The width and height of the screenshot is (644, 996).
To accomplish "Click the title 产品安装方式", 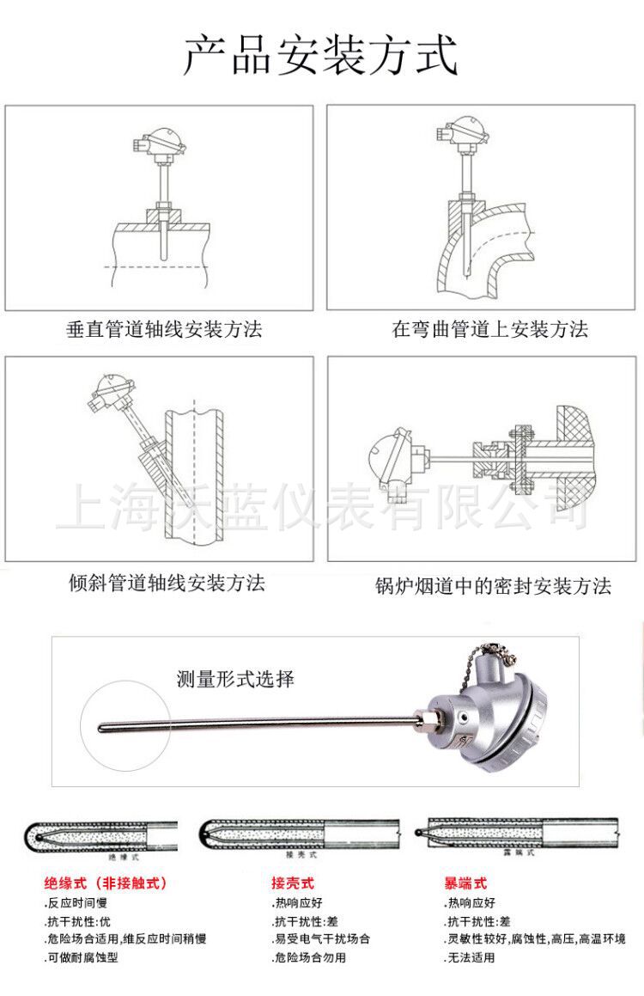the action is click(x=321, y=53).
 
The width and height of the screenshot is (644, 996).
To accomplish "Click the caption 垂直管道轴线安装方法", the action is click(x=164, y=328).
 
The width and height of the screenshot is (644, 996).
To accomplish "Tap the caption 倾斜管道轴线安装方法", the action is click(x=167, y=584).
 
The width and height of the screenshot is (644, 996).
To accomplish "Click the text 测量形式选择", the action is click(x=235, y=679).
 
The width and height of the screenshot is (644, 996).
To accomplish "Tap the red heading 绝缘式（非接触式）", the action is click(x=106, y=883).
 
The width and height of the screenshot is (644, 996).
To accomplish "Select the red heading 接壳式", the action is click(x=293, y=883).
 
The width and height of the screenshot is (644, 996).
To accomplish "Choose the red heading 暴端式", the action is click(x=465, y=883).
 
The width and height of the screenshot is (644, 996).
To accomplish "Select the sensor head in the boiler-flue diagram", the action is click(x=390, y=455).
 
